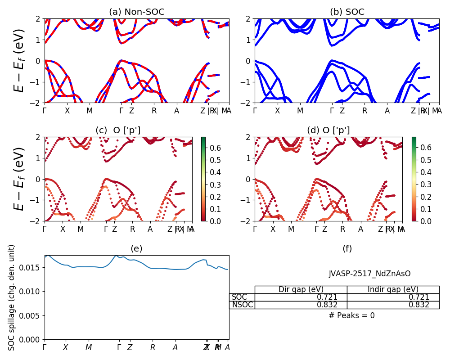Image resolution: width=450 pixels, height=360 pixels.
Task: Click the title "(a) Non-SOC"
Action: tap(136, 12)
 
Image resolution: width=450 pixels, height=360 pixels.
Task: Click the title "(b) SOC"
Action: tap(347, 12)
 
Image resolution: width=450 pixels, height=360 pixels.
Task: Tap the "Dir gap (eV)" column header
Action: tap(301, 289)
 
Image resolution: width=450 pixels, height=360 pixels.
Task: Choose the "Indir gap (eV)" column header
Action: tap(393, 289)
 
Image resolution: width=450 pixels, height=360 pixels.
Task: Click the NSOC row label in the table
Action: tap(243, 305)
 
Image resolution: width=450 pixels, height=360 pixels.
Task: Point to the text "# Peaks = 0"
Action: tap(351, 315)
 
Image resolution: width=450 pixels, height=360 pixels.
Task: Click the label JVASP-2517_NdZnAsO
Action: tap(369, 274)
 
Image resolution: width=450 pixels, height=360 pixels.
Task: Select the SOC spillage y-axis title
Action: tap(12, 297)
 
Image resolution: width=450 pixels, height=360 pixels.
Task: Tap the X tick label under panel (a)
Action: tap(67, 111)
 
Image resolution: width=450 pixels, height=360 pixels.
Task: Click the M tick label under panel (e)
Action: tap(89, 347)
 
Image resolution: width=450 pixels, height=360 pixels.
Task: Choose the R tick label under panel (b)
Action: tap(364, 111)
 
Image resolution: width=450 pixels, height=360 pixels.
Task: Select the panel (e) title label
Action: tap(136, 249)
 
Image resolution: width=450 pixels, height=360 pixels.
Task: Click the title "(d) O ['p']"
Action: tap(328, 130)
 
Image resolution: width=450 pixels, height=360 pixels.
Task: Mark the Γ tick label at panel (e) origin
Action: tap(45, 347)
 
